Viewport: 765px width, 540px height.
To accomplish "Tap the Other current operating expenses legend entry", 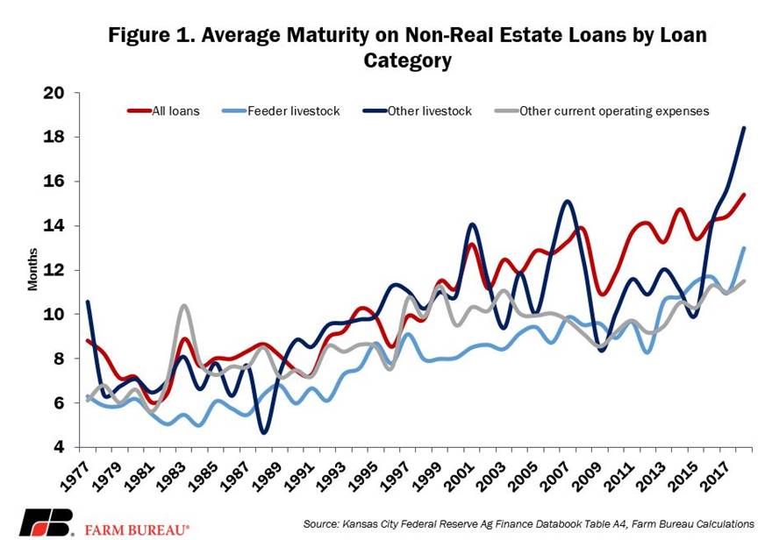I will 614,111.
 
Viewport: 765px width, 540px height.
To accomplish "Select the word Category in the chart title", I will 408,60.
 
